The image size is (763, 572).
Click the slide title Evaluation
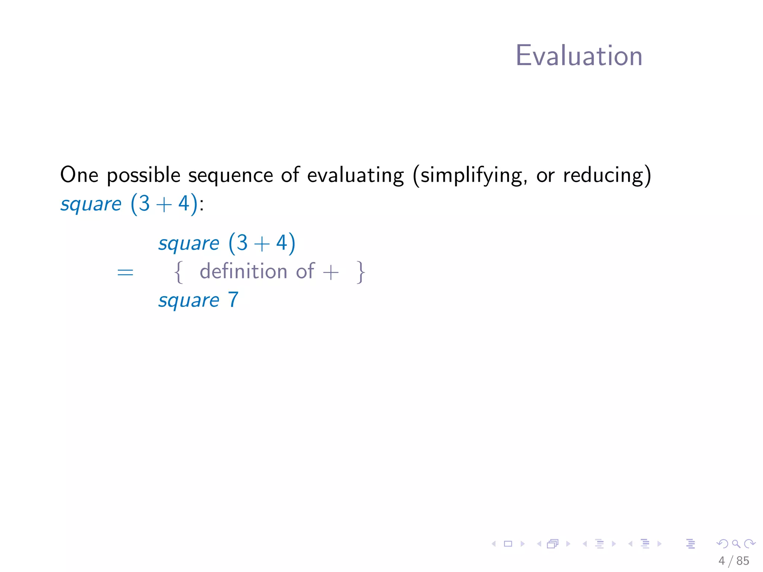pyautogui.click(x=579, y=56)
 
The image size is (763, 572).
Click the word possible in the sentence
pyautogui.click(x=143, y=175)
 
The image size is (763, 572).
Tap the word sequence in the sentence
pyautogui.click(x=230, y=175)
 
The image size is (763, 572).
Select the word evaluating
pyautogui.click(x=355, y=175)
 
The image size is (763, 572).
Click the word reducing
pyautogui.click(x=607, y=175)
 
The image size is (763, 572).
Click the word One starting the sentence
pyautogui.click(x=79, y=175)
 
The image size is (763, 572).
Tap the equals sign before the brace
pyautogui.click(x=125, y=272)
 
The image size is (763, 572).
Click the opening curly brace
pyautogui.click(x=179, y=272)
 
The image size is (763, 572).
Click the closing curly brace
pyautogui.click(x=360, y=272)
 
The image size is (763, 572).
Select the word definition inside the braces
pyautogui.click(x=243, y=271)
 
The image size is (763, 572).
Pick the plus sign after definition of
pyautogui.click(x=330, y=272)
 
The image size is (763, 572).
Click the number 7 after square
pyautogui.click(x=233, y=299)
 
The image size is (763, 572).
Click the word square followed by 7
pyautogui.click(x=189, y=301)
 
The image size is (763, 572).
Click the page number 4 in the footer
pyautogui.click(x=722, y=561)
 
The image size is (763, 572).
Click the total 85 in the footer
pyautogui.click(x=743, y=561)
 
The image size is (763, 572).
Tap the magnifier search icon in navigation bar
pyautogui.click(x=736, y=544)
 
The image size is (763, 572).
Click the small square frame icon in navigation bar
pyautogui.click(x=508, y=544)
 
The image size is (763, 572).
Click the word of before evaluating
pyautogui.click(x=290, y=175)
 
